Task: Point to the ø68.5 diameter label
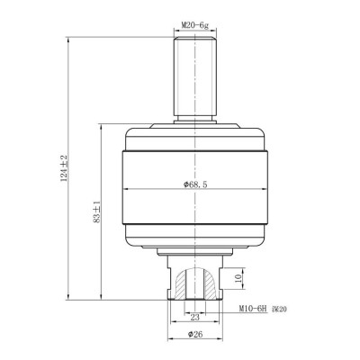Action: pyautogui.click(x=195, y=184)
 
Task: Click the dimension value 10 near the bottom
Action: pyautogui.click(x=237, y=280)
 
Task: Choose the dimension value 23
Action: pyautogui.click(x=195, y=316)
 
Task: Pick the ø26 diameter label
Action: pyautogui.click(x=195, y=334)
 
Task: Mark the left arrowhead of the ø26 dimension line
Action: pyautogui.click(x=171, y=340)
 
